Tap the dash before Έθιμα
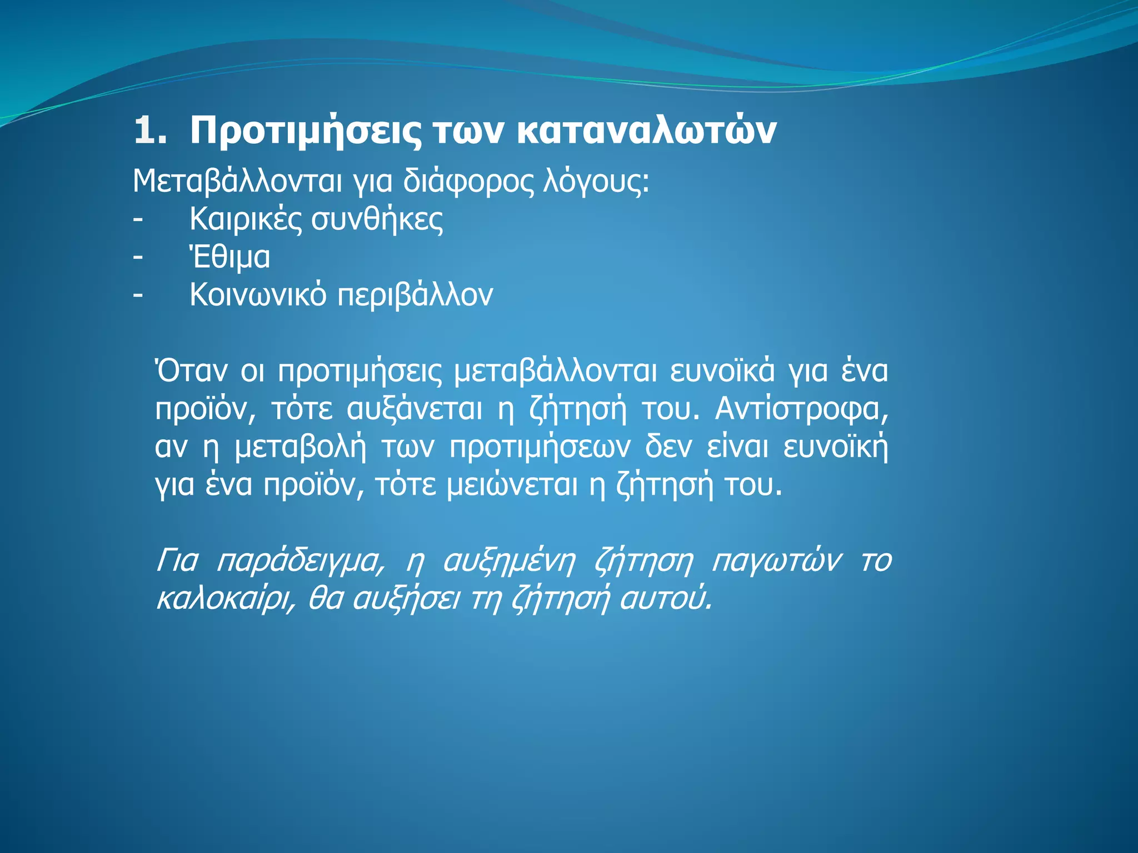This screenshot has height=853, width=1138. [x=138, y=257]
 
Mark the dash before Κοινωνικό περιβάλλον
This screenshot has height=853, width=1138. [x=138, y=295]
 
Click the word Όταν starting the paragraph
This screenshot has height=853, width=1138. [x=191, y=371]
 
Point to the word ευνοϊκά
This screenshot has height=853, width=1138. [x=722, y=371]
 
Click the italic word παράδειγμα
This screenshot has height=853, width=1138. [x=300, y=561]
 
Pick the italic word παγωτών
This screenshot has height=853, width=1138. [x=776, y=561]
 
